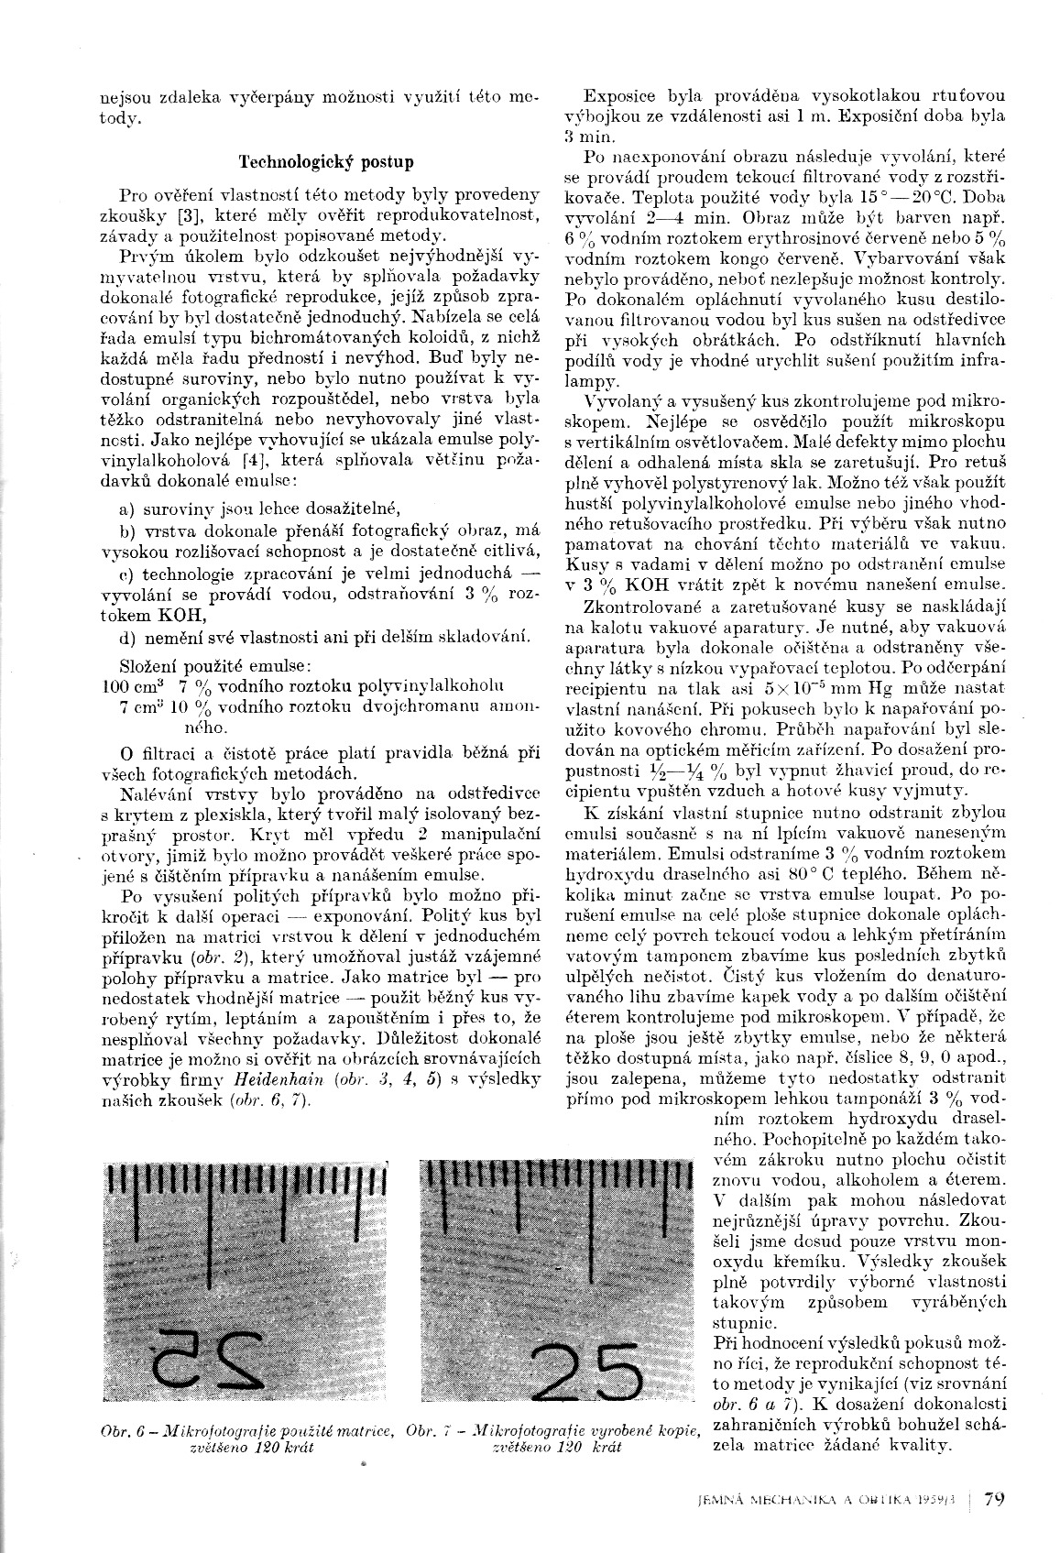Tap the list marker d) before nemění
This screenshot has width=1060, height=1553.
(128, 637)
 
